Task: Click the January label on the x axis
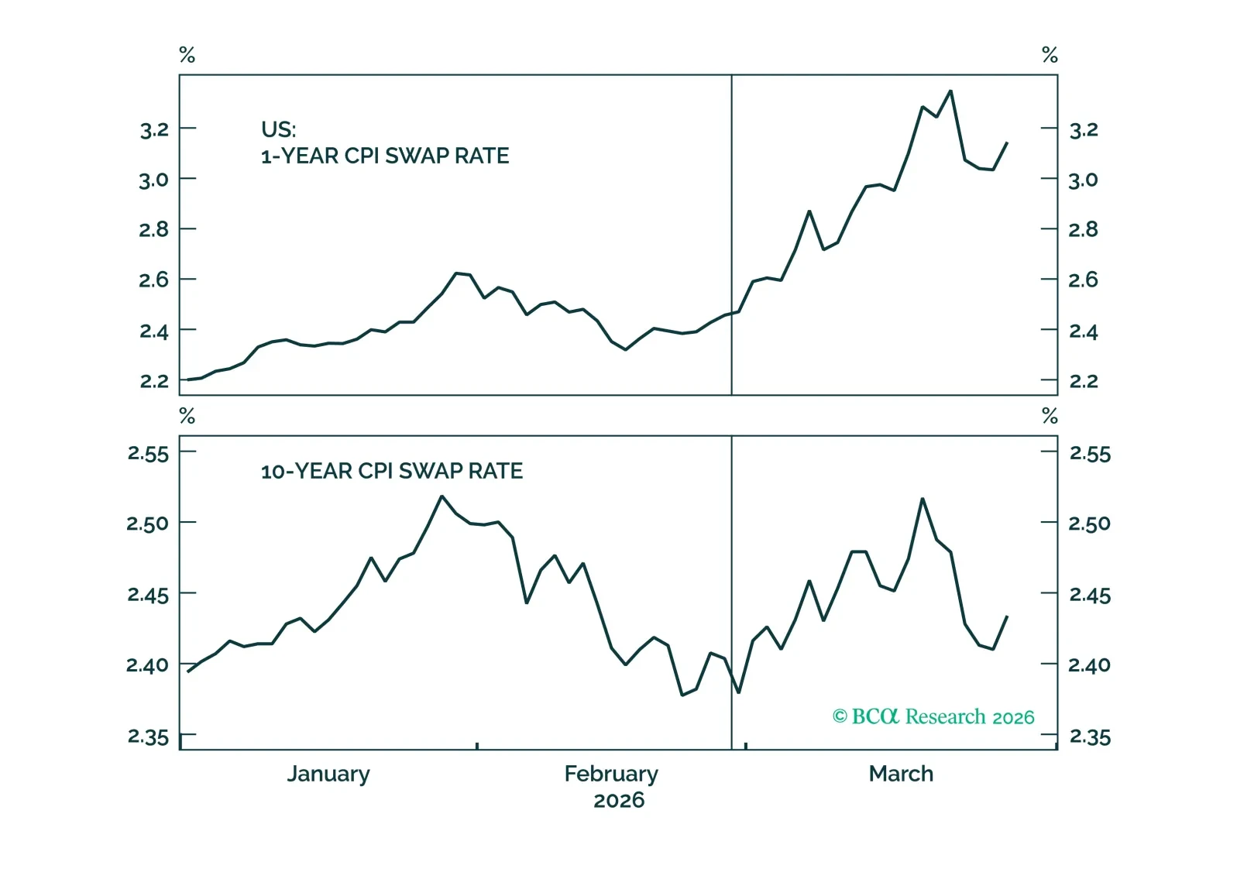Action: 328,774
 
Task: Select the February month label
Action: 611,774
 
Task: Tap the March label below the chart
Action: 901,774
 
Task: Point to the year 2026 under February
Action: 619,800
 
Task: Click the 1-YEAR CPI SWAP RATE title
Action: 385,156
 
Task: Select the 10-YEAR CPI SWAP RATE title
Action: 392,471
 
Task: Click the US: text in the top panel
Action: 279,129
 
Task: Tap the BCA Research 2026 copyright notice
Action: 933,716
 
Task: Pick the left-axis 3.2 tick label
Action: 154,129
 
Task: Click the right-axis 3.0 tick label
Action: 1083,180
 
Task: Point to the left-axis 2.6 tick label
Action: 154,280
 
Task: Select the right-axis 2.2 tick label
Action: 1083,381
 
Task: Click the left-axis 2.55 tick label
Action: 148,453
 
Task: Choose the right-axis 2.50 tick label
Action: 1089,524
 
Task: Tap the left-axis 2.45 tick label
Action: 148,595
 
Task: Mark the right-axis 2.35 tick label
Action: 1089,737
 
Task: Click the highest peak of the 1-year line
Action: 950,91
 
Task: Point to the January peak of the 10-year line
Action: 442,496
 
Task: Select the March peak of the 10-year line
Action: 923,499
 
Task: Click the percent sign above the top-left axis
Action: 187,55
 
